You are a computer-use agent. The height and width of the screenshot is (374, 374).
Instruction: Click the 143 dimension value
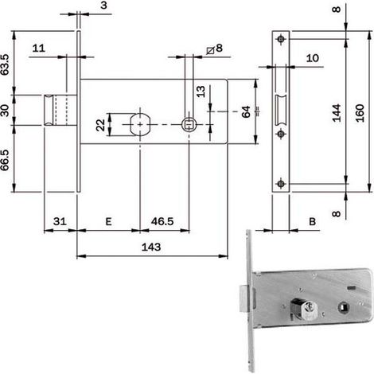[151, 247]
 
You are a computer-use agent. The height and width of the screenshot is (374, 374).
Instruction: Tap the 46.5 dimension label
[162, 221]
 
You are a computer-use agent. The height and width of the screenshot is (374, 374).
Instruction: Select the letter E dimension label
[108, 221]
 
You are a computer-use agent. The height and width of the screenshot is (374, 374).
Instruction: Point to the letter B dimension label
[313, 221]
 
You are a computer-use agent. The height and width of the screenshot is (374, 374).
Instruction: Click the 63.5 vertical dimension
[5, 64]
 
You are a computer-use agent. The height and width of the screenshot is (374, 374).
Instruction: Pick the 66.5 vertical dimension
[5, 160]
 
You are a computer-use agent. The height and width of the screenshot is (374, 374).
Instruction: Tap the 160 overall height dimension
[360, 113]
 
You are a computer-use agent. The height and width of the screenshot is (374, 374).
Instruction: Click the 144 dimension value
[337, 113]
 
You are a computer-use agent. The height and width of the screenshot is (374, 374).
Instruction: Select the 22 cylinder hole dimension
[100, 125]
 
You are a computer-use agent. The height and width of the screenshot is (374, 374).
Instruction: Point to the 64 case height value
[246, 111]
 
